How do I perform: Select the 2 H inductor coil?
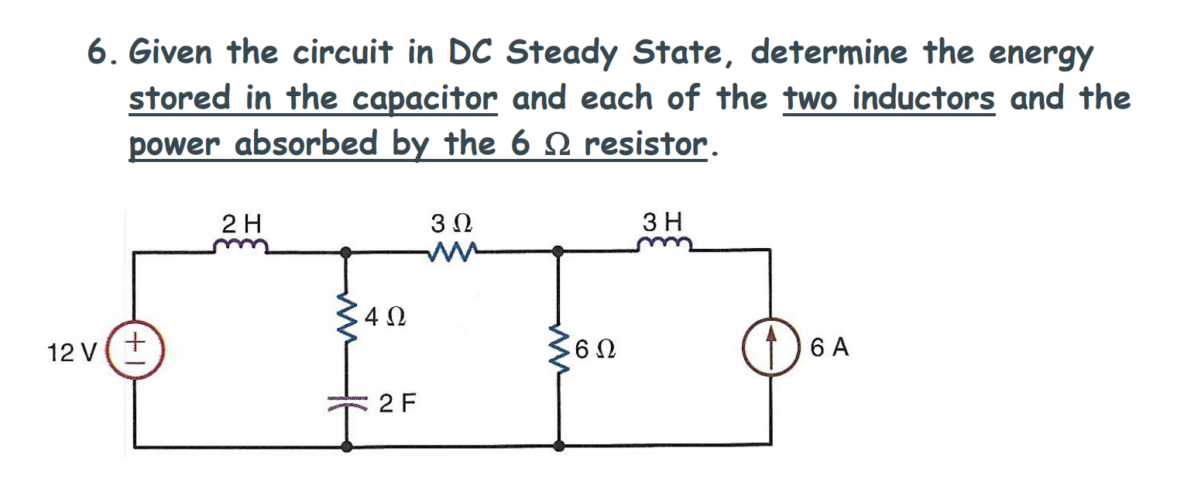tap(241, 246)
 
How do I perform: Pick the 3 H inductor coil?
tap(664, 246)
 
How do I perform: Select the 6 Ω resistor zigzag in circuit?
tap(557, 349)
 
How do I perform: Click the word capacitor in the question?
tap(424, 99)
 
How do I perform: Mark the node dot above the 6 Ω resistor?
tap(557, 251)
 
